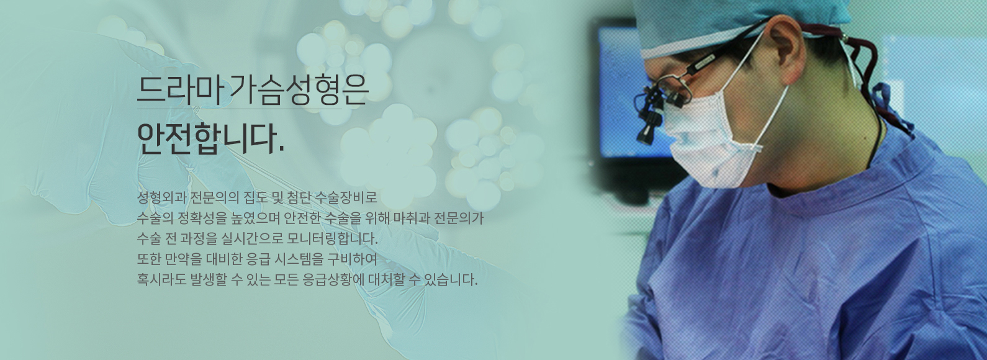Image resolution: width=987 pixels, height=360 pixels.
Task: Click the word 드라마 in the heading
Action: [x=180, y=90]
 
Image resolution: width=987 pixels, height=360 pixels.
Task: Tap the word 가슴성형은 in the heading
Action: [x=299, y=91]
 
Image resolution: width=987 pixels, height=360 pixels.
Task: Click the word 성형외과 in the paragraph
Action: [x=161, y=198]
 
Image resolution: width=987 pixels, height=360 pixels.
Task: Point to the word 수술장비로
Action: [x=347, y=198]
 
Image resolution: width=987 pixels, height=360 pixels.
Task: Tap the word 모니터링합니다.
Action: [x=332, y=239]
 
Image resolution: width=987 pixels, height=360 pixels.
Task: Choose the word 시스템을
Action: [x=299, y=259]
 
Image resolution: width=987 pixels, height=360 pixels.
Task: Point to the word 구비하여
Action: [x=353, y=259]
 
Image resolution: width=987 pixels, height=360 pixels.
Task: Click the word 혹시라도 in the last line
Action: [x=161, y=280]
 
